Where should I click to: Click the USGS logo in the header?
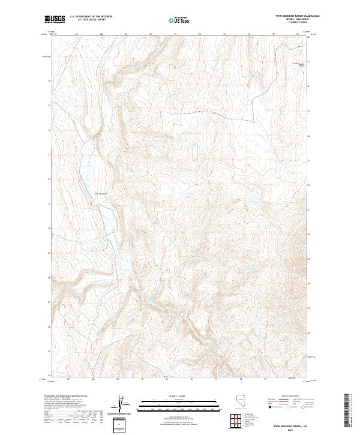click(55, 20)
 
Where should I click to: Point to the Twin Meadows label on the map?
click(100, 193)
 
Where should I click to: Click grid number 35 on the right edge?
click(308, 111)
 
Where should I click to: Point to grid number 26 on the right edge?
click(308, 328)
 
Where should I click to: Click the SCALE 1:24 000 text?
click(179, 395)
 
